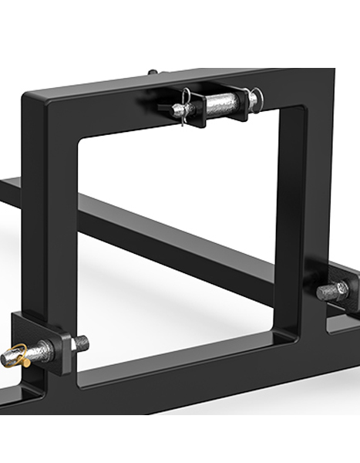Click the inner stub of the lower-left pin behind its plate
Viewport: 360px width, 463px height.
(x=80, y=341)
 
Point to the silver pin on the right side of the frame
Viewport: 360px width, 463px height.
(x=331, y=291)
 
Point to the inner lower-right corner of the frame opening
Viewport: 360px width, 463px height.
(x=275, y=328)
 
